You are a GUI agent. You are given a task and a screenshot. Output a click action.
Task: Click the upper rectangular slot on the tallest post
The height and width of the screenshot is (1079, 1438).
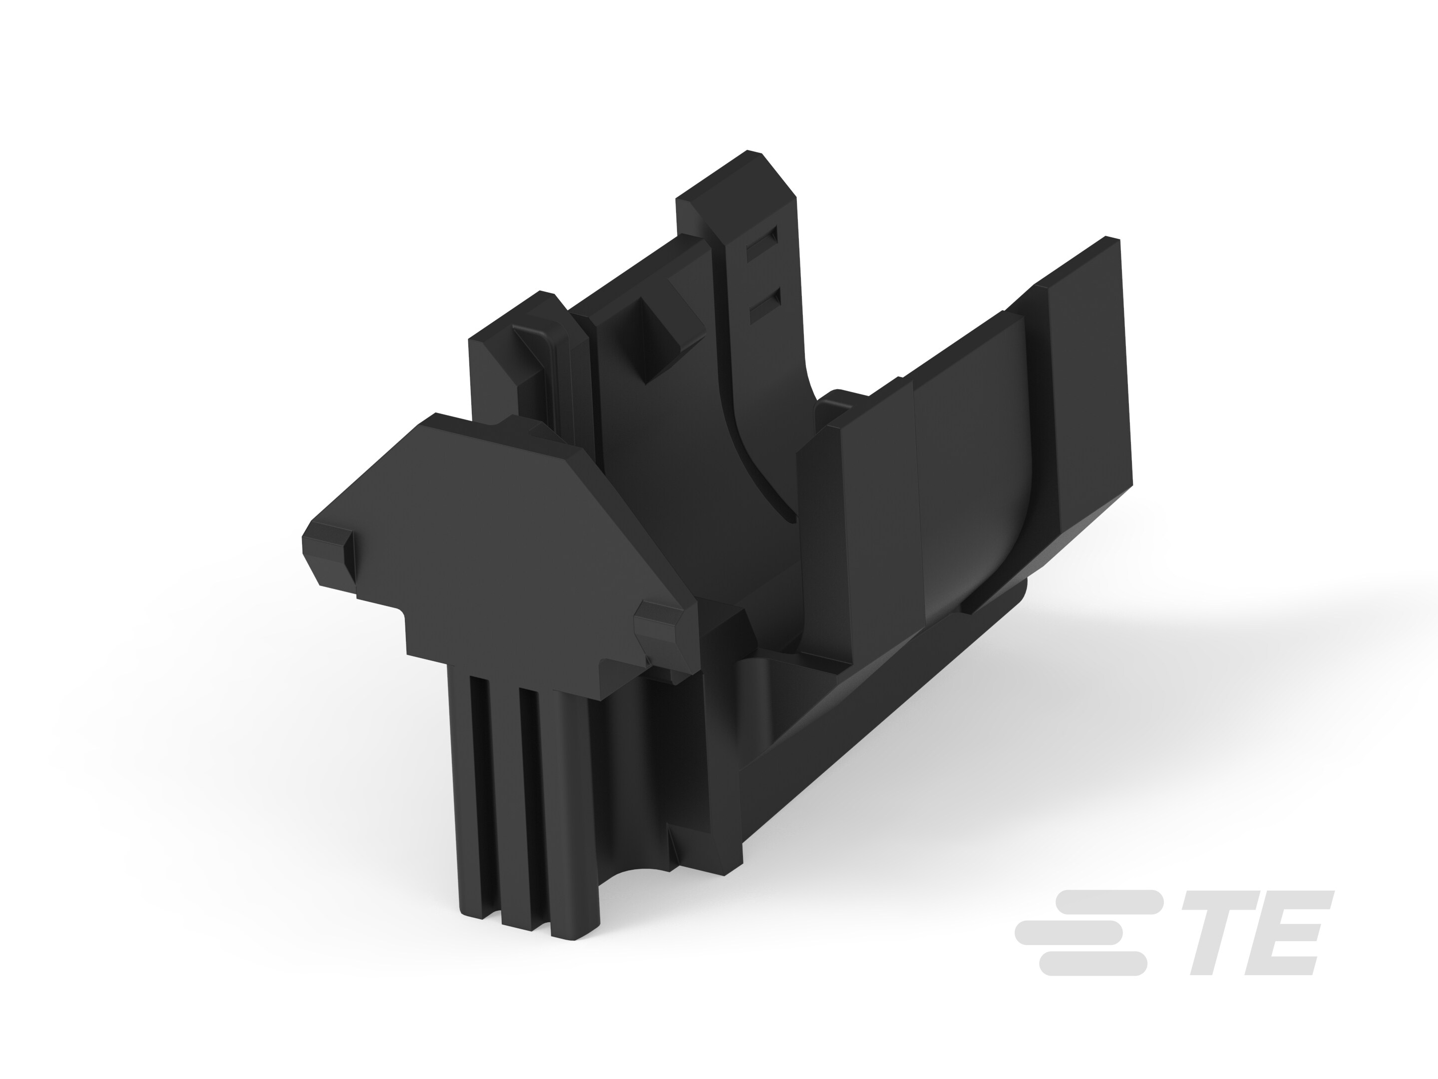[761, 246]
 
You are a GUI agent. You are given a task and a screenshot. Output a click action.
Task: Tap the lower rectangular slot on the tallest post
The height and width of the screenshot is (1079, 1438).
[764, 308]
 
